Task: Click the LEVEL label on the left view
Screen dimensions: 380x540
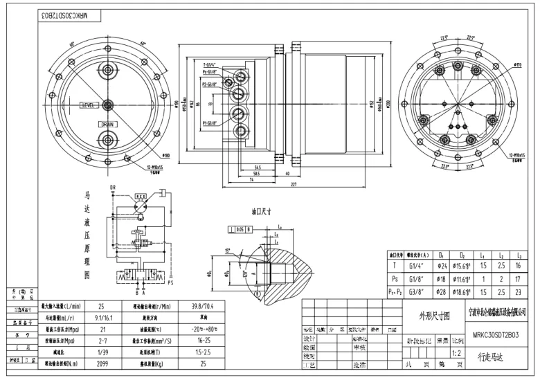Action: pos(89,105)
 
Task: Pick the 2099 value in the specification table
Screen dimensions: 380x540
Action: pos(102,362)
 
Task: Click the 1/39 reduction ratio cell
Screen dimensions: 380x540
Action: pos(102,352)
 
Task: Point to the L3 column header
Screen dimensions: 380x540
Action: pos(518,255)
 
